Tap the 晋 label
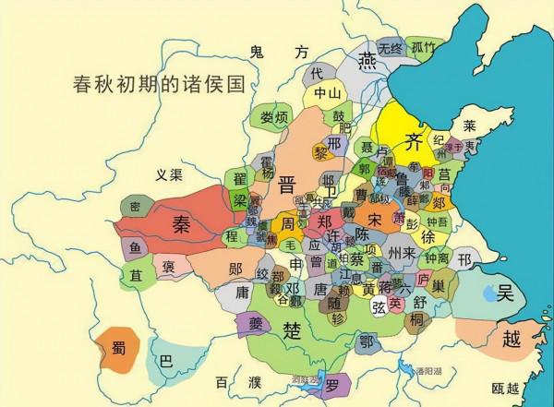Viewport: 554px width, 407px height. point(274,183)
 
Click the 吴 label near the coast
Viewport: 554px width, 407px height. point(505,293)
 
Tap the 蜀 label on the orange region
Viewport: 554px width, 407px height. point(119,348)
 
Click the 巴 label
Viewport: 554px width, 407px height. point(166,362)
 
